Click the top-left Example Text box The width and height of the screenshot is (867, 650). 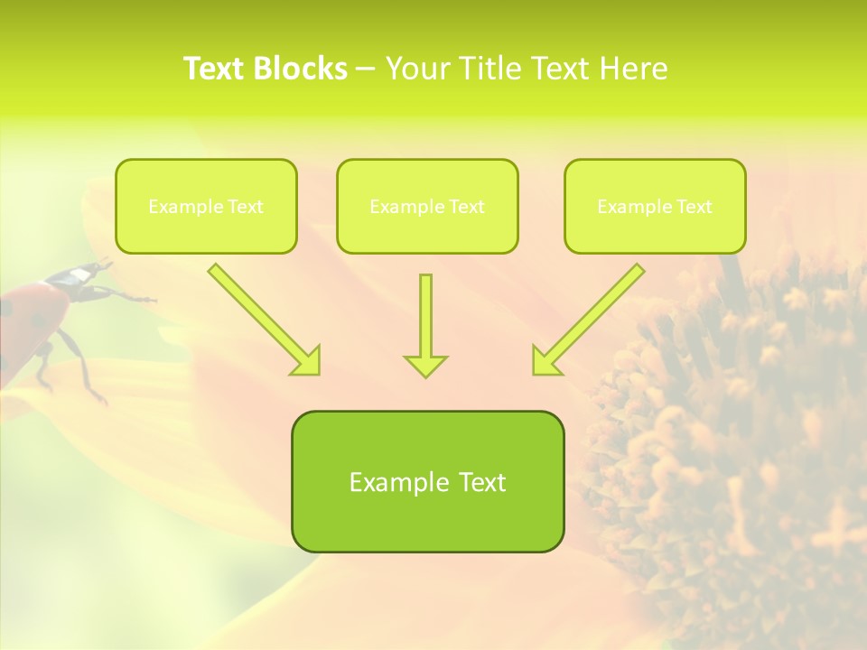pos(206,206)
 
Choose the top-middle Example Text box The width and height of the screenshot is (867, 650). pos(427,206)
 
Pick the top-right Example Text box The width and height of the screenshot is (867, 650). pos(655,206)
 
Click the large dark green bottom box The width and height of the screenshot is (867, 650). pos(427,481)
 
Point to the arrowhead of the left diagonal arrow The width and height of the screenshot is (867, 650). pos(307,361)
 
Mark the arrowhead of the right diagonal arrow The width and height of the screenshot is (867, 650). pos(545,361)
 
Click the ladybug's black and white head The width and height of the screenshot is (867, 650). pos(84,274)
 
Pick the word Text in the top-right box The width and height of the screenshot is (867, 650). pos(694,207)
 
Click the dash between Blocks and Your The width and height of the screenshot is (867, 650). pos(366,69)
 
